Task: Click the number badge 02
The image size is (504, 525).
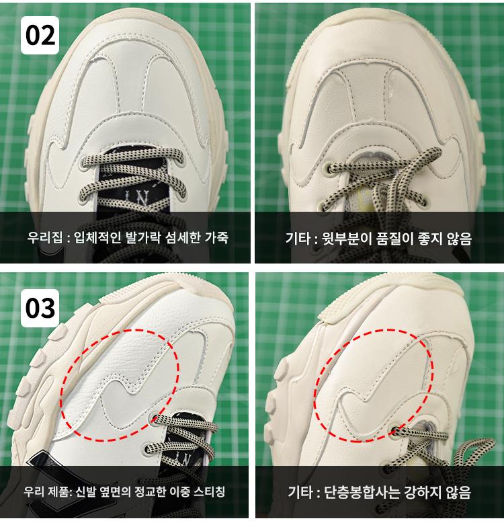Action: click(40, 35)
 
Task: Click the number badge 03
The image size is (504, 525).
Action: click(40, 308)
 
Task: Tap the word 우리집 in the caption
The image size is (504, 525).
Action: click(45, 238)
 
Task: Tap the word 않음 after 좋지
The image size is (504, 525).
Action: click(459, 239)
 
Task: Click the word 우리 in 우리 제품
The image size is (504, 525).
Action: click(34, 491)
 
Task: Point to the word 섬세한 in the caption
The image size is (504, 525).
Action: click(183, 238)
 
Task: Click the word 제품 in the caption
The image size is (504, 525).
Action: click(58, 491)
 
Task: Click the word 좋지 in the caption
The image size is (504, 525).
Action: click(430, 239)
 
